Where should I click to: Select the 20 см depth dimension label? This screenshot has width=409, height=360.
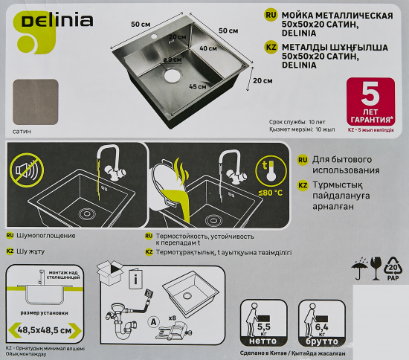pyautogui.click(x=260, y=81)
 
